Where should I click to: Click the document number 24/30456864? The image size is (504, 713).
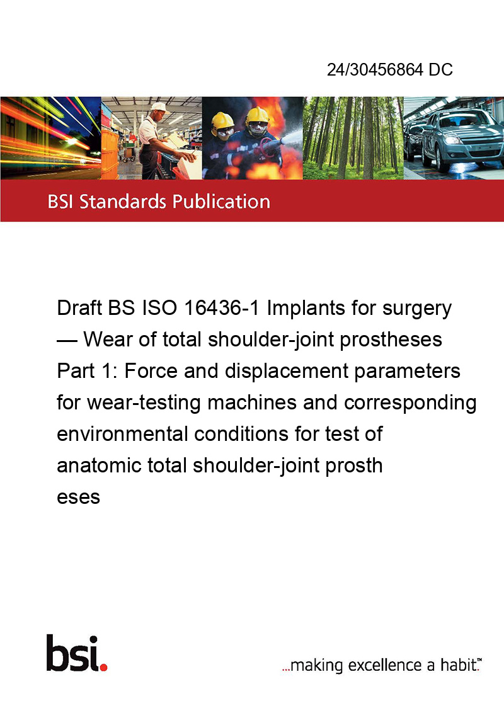pos(375,69)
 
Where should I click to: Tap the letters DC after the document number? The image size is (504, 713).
pos(440,69)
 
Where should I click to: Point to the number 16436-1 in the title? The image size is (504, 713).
pos(222,308)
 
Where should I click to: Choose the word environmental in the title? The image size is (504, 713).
pos(122,434)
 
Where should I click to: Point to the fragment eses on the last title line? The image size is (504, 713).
pos(78,498)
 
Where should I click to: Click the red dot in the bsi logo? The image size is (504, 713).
pos(103,667)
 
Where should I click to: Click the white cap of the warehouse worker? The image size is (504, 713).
pos(159,107)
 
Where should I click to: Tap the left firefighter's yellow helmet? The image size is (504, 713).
pos(222,120)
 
